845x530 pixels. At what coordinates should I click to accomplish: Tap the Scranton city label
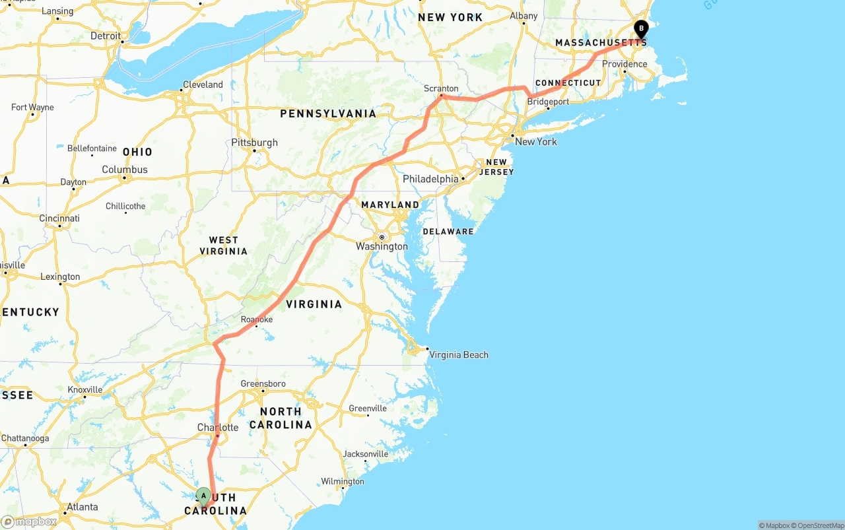click(441, 88)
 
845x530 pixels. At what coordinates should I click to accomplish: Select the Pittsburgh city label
click(255, 143)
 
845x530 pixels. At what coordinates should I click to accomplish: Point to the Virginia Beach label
click(459, 354)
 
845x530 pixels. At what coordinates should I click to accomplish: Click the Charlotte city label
click(218, 427)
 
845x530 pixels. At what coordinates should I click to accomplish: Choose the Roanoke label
click(257, 319)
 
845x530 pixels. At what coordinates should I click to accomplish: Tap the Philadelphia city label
click(430, 179)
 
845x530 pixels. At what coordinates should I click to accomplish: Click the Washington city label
click(382, 246)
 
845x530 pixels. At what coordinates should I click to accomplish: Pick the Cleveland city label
click(203, 84)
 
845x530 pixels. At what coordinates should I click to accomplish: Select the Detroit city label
click(106, 36)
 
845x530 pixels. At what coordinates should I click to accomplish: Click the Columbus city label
click(125, 170)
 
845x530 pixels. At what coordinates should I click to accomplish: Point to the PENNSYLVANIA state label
click(328, 114)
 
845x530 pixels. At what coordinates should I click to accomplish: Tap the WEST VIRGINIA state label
click(223, 246)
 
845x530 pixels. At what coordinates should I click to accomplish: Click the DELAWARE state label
click(448, 231)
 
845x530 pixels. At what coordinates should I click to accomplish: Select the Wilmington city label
click(343, 481)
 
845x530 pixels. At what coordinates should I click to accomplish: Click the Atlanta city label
click(83, 507)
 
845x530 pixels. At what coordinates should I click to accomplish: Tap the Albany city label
click(524, 16)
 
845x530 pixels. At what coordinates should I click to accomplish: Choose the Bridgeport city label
click(548, 102)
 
